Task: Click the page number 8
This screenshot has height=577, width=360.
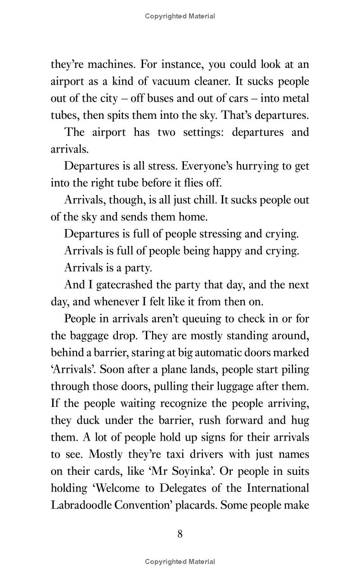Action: click(180, 534)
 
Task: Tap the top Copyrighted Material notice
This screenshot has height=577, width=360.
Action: click(180, 16)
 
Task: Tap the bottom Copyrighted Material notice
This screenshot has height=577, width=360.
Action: click(180, 561)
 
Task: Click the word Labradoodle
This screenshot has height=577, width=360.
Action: click(81, 505)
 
